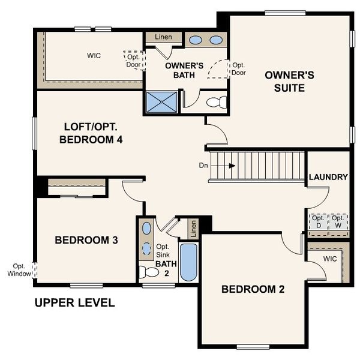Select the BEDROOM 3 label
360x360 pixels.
86,240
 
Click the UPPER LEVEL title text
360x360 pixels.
74,302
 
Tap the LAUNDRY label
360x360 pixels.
328,177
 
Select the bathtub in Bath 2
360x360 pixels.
188,262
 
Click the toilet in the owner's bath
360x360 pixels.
215,103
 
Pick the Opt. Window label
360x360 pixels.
19,269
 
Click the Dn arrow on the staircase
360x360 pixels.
228,164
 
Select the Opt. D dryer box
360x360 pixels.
318,221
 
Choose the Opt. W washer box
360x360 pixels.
338,221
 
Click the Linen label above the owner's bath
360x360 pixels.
163,37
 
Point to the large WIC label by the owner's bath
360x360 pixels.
93,56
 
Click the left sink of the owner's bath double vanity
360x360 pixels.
196,40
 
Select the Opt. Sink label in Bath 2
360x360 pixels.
163,251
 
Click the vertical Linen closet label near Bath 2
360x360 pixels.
193,228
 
